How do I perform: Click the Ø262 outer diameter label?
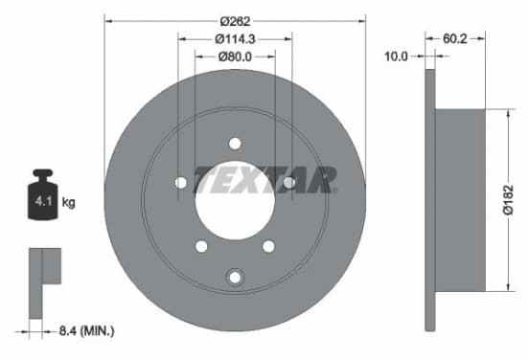pyautogui.click(x=235, y=22)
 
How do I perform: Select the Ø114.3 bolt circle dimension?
pyautogui.click(x=235, y=39)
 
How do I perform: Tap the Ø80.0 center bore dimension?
pyautogui.click(x=235, y=56)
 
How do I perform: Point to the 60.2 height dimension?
pyautogui.click(x=455, y=38)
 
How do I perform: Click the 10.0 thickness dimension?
pyautogui.click(x=396, y=56)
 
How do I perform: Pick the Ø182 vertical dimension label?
pyautogui.click(x=508, y=200)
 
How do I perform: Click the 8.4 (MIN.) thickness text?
pyautogui.click(x=86, y=331)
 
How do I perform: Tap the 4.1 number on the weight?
pyautogui.click(x=43, y=202)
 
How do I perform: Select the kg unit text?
pyautogui.click(x=68, y=203)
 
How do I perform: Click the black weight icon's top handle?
pyautogui.click(x=43, y=174)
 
